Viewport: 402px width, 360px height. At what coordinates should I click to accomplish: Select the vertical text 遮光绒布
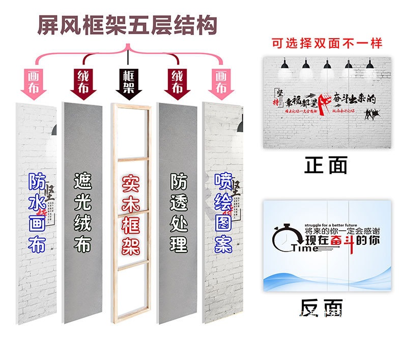(x=82, y=213)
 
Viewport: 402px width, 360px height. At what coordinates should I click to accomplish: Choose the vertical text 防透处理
(x=179, y=213)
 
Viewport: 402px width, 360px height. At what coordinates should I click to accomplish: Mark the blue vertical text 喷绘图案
(x=223, y=213)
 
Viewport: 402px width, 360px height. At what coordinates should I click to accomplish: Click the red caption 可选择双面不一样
(x=327, y=42)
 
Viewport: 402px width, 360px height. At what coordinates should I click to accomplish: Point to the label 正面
(x=327, y=165)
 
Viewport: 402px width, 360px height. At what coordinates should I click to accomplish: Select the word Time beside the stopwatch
(x=304, y=248)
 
